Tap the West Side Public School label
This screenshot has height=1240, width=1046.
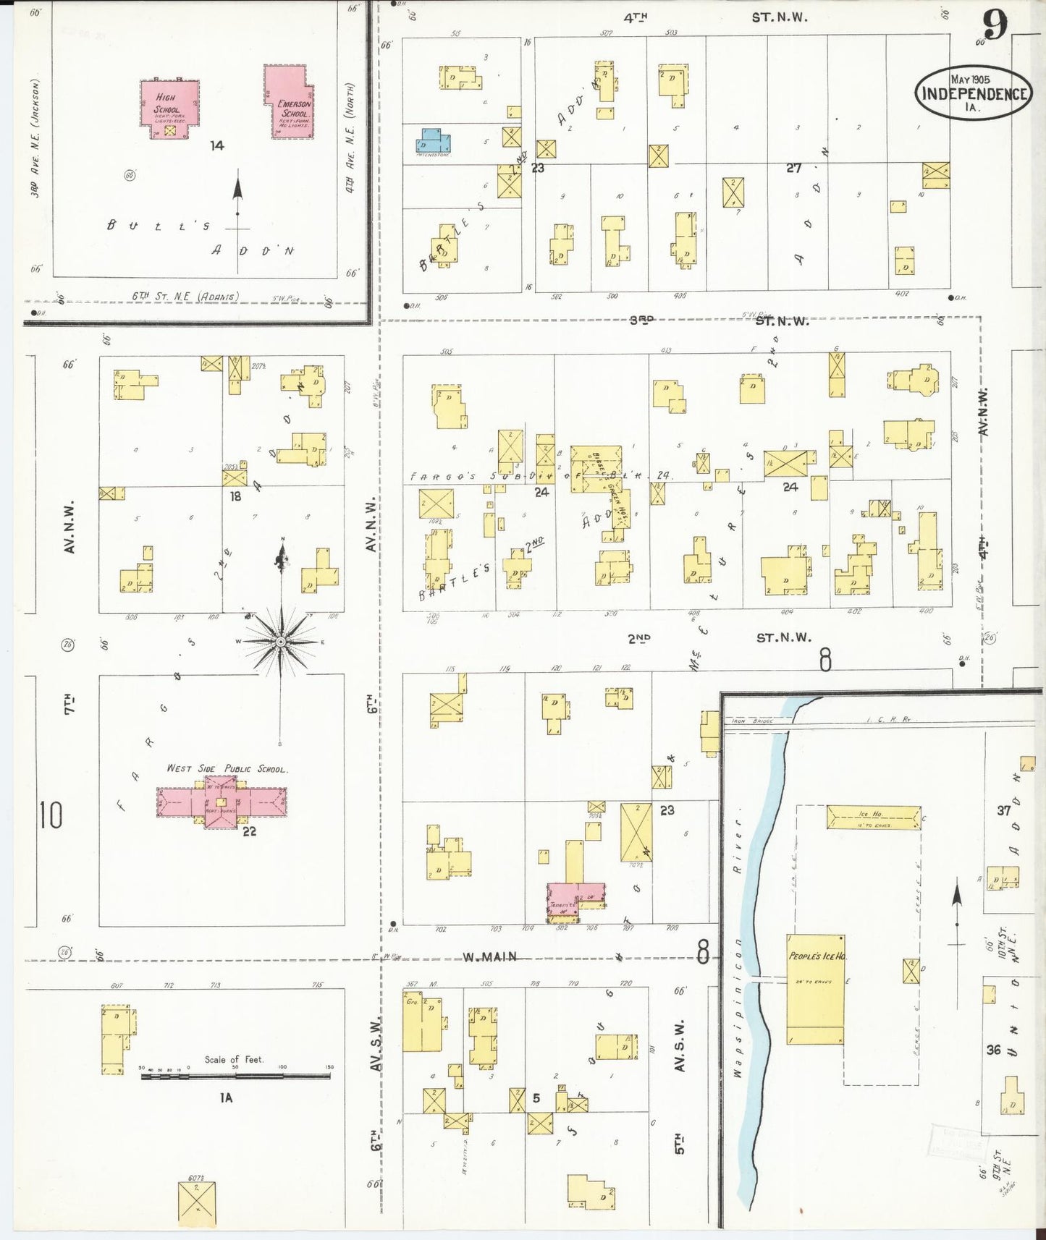[227, 768]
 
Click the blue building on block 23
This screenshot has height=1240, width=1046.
[433, 140]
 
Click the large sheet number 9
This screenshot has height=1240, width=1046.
[996, 27]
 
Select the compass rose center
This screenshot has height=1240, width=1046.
[280, 642]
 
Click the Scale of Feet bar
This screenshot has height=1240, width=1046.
[235, 1076]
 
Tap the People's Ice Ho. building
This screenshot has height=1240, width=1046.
[815, 988]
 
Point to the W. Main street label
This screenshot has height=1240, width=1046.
[490, 956]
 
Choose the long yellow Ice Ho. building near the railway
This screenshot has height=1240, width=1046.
[872, 817]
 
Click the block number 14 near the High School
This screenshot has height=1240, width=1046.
[216, 145]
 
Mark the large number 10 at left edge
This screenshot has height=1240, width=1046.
[51, 815]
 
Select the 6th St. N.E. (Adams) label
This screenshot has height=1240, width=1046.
[185, 296]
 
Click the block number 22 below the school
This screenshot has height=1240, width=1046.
[250, 831]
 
